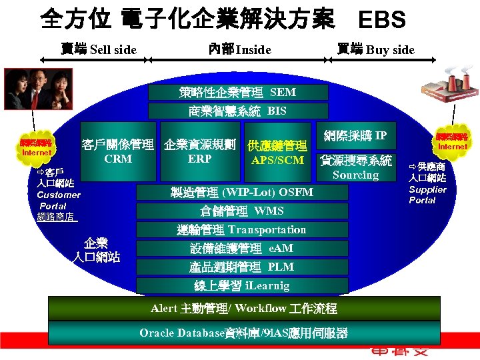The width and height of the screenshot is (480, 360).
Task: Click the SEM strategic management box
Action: pos(238,93)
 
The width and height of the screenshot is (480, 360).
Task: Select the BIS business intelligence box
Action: pos(238,111)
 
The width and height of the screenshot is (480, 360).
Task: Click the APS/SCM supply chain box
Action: pos(277,153)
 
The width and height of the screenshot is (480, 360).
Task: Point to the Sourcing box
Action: pos(356,168)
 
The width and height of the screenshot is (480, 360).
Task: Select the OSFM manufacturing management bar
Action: pos(242,193)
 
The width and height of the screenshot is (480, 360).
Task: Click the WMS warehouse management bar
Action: pos(242,211)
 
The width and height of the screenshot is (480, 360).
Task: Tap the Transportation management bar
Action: pos(242,230)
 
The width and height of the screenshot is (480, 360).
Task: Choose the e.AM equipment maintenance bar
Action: pos(242,249)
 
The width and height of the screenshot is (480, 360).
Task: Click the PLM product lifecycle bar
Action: pos(242,267)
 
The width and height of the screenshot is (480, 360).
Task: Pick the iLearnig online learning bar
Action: pos(242,286)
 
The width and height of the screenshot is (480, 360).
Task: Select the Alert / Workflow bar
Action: pos(244,309)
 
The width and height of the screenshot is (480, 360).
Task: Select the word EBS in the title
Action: pos(381,20)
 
